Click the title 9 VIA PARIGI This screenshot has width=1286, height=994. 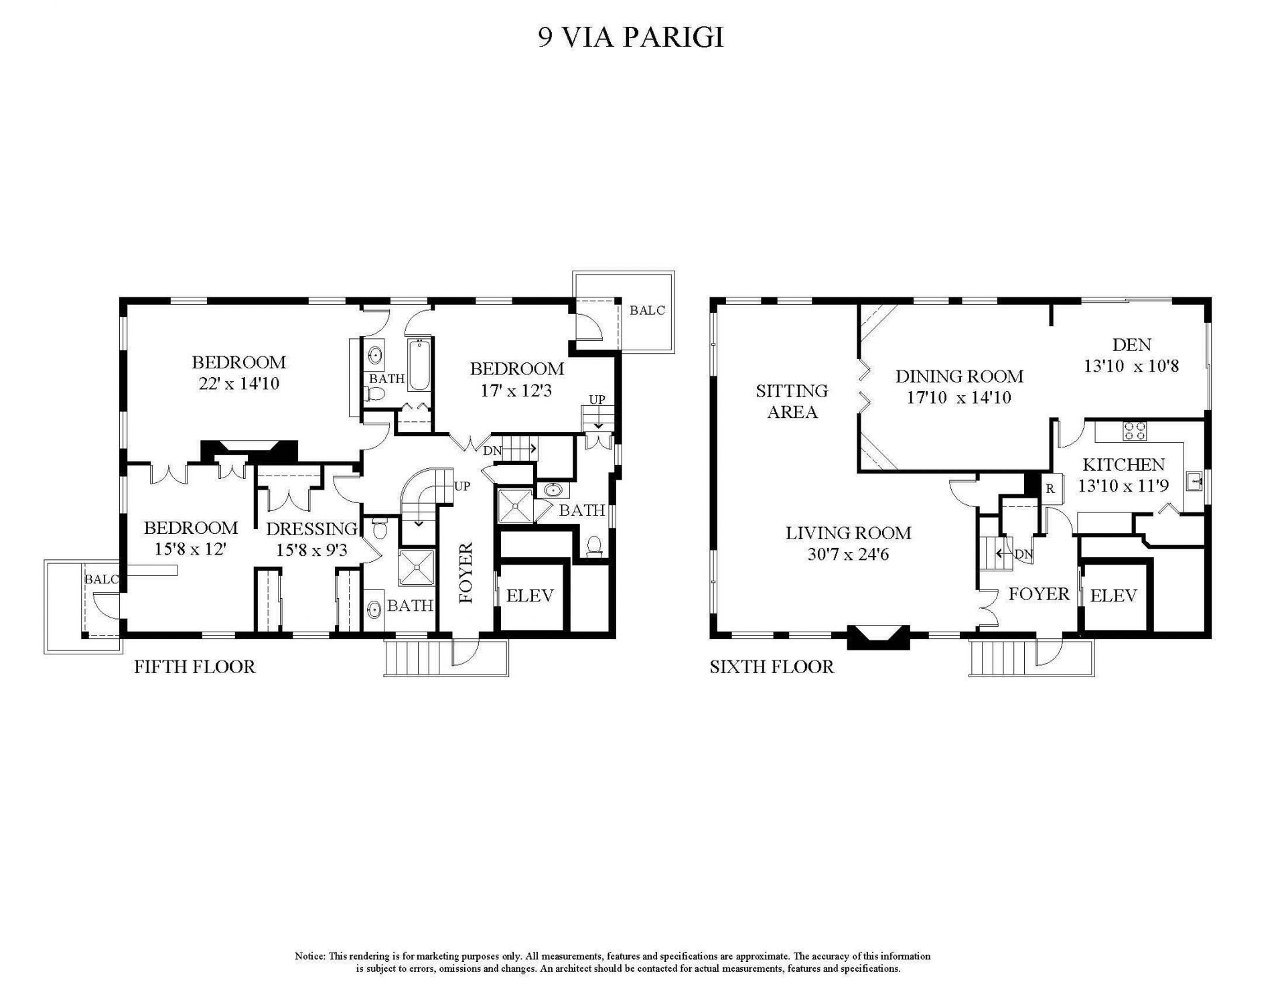click(631, 38)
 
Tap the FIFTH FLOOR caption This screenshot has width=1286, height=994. click(194, 666)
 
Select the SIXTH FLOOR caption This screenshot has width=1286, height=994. click(772, 666)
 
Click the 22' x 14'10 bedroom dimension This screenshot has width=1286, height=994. click(238, 384)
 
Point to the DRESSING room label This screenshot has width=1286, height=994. click(311, 529)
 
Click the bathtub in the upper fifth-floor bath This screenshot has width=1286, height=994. click(420, 365)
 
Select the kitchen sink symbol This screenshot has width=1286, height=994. click(1194, 481)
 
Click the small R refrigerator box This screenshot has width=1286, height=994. click(1050, 489)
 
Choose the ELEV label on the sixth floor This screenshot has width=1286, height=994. click(1113, 595)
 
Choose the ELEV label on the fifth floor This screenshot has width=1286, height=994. click(529, 595)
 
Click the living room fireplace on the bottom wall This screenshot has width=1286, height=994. click(878, 636)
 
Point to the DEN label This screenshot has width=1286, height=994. click(1131, 345)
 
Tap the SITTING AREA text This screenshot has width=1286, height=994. click(792, 401)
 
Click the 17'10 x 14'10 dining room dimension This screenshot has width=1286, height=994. click(958, 397)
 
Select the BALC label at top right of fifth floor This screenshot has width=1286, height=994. click(647, 310)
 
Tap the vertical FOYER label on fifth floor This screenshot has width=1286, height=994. click(466, 573)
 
